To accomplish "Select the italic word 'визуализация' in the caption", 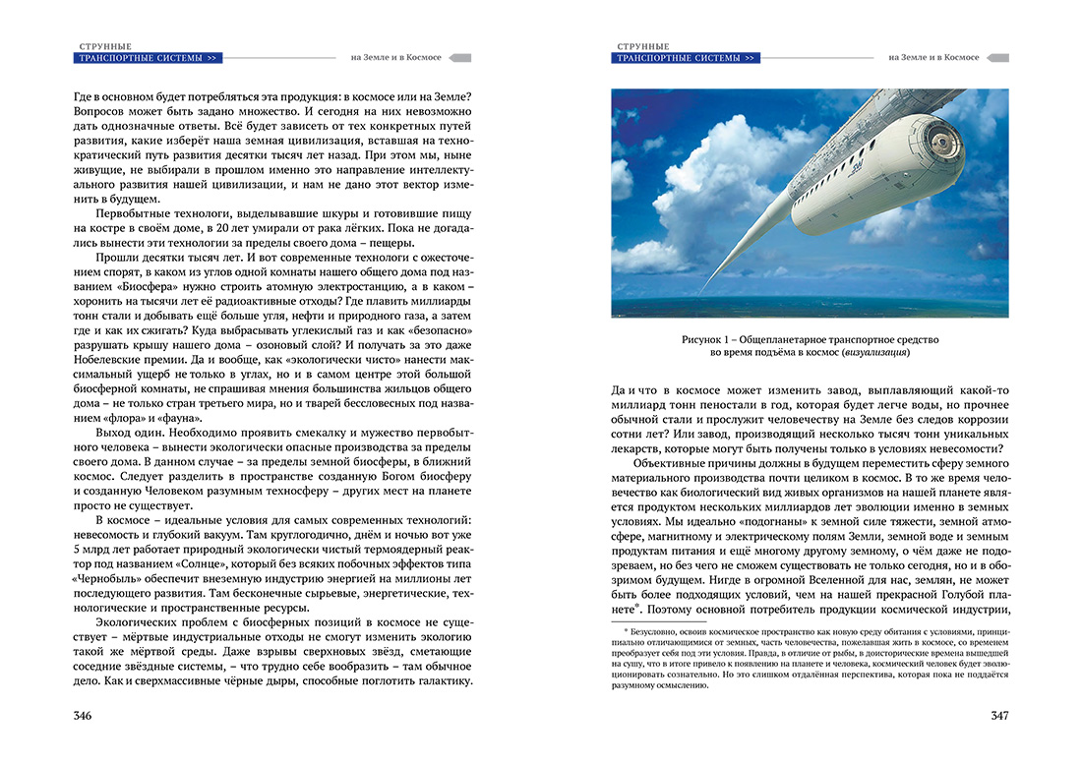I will (x=872, y=352).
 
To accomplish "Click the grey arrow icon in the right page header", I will (x=996, y=58).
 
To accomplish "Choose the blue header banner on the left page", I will (x=148, y=58).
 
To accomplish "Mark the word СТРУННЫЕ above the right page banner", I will (x=643, y=46).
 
